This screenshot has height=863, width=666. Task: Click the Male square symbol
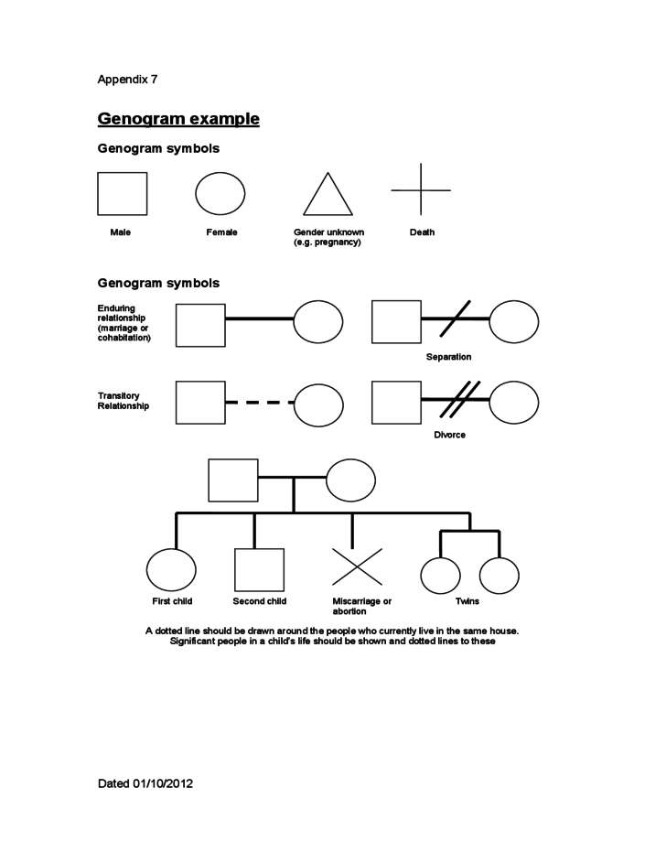122,194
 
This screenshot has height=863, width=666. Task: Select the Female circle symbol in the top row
220,194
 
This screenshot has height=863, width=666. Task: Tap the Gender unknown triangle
328,195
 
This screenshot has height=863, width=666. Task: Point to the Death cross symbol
421,190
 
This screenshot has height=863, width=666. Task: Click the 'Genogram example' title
178,119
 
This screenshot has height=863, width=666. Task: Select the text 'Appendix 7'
127,80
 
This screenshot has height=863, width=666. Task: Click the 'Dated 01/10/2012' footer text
145,784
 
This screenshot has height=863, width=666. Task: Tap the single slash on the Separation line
455,319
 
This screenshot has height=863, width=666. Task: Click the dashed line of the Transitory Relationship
260,402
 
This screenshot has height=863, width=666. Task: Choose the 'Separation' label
448,357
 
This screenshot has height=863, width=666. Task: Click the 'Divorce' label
449,435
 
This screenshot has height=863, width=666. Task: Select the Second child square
259,569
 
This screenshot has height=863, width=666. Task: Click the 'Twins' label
467,602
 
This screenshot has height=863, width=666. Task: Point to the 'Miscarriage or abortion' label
361,606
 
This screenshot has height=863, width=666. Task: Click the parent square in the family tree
233,480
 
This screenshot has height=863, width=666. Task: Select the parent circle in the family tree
350,480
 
